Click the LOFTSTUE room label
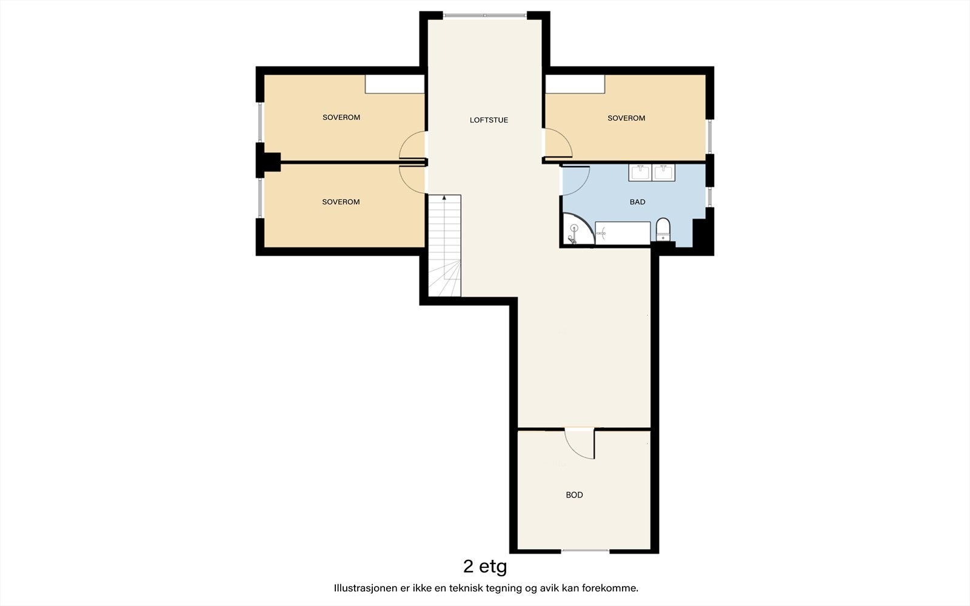pyautogui.click(x=489, y=120)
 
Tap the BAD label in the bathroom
pyautogui.click(x=637, y=202)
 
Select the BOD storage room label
pyautogui.click(x=574, y=494)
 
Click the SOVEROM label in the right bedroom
pyautogui.click(x=626, y=118)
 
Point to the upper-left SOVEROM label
pyautogui.click(x=341, y=118)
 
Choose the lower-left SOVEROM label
pyautogui.click(x=341, y=202)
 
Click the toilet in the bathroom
pyautogui.click(x=663, y=230)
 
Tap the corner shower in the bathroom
pyautogui.click(x=578, y=229)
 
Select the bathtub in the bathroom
pyautogui.click(x=623, y=233)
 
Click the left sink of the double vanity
pyautogui.click(x=640, y=172)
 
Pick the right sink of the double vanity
pyautogui.click(x=663, y=172)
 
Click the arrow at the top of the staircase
pyautogui.click(x=444, y=198)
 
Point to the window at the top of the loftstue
pyautogui.click(x=485, y=16)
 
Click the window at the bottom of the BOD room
pyautogui.click(x=585, y=551)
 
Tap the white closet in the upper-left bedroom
pyautogui.click(x=395, y=84)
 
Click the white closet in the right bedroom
pyautogui.click(x=575, y=84)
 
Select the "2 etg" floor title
pyautogui.click(x=485, y=567)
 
